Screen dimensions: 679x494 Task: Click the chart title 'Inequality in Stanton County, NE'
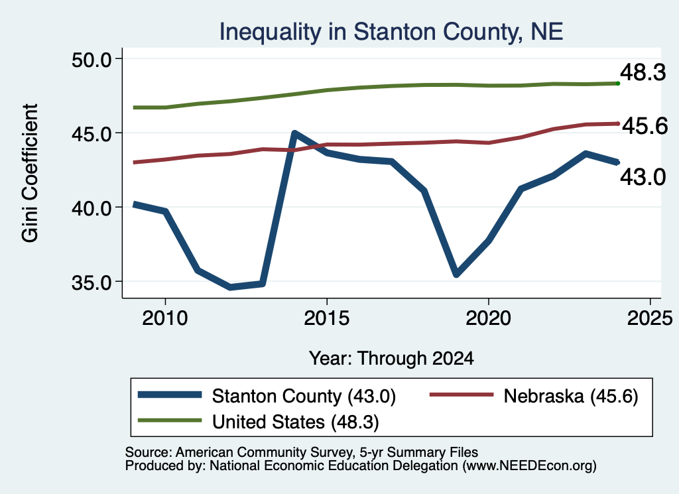pyautogui.click(x=391, y=32)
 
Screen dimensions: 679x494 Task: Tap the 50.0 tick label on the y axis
pyautogui.click(x=92, y=59)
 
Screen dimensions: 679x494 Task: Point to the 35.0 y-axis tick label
pyautogui.click(x=92, y=282)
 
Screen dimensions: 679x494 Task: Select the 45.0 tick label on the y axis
pyautogui.click(x=92, y=134)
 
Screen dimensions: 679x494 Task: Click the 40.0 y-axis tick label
pyautogui.click(x=92, y=208)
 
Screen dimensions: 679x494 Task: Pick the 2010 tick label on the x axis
pyautogui.click(x=165, y=318)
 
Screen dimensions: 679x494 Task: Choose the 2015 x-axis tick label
pyautogui.click(x=326, y=318)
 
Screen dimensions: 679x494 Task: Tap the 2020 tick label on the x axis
pyautogui.click(x=489, y=318)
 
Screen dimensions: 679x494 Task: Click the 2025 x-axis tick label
pyautogui.click(x=650, y=318)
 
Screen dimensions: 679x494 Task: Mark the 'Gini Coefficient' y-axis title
pyautogui.click(x=30, y=173)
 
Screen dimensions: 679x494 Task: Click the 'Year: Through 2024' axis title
pyautogui.click(x=391, y=359)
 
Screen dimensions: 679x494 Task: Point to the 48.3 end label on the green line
pyautogui.click(x=643, y=72)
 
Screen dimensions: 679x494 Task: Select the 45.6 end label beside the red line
pyautogui.click(x=645, y=126)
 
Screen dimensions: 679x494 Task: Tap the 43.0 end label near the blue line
pyautogui.click(x=643, y=177)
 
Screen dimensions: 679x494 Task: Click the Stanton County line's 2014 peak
pyautogui.click(x=294, y=133)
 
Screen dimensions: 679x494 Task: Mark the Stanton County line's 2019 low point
pyautogui.click(x=456, y=275)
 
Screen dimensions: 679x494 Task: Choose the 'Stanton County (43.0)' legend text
pyautogui.click(x=304, y=396)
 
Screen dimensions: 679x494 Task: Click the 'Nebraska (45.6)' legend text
pyautogui.click(x=571, y=396)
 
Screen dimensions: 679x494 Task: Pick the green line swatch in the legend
pyautogui.click(x=170, y=420)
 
